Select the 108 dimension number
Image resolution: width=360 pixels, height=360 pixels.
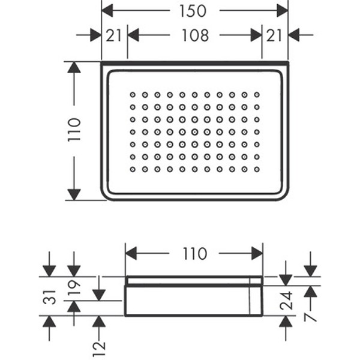tap(195, 35)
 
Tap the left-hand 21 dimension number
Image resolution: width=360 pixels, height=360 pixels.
tap(114, 35)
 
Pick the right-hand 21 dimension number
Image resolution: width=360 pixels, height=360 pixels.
tap(275, 35)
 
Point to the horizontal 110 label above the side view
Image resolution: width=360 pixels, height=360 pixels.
tap(194, 254)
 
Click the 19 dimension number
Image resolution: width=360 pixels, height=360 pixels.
tap(74, 289)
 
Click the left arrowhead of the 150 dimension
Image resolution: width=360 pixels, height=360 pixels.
tap(108, 10)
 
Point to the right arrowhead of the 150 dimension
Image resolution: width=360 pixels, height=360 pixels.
tap(282, 10)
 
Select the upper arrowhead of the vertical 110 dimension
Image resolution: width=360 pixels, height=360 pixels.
tap(74, 67)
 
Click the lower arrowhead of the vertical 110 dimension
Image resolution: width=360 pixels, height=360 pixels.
tap(74, 194)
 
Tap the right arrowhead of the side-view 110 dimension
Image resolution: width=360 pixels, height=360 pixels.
tap(257, 254)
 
